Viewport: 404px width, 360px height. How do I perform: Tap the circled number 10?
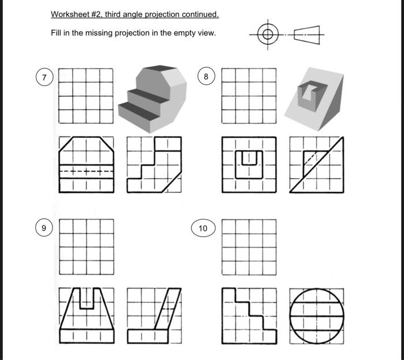[203, 228]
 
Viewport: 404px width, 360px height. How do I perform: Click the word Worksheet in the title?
[68, 14]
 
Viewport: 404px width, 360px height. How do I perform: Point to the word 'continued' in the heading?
[200, 14]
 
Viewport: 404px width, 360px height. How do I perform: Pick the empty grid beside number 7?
[86, 95]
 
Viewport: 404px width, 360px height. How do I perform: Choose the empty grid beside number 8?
[249, 95]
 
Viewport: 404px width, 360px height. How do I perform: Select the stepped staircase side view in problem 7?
[154, 164]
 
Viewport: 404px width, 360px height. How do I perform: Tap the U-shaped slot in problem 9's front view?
[86, 297]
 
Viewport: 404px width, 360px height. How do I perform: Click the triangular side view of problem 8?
[316, 164]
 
